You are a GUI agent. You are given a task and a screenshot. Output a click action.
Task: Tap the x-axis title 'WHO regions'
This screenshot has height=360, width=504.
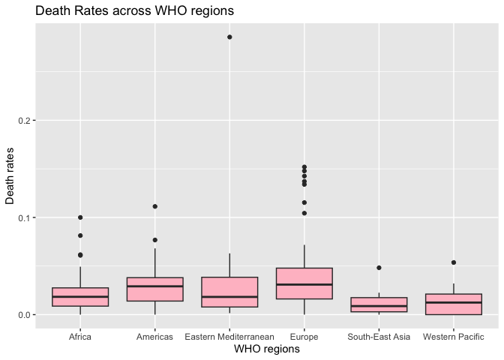pyautogui.click(x=266, y=349)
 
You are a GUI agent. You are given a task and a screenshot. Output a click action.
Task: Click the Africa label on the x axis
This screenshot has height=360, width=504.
pyautogui.click(x=80, y=337)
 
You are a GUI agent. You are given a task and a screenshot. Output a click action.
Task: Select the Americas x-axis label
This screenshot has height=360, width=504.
pyautogui.click(x=154, y=337)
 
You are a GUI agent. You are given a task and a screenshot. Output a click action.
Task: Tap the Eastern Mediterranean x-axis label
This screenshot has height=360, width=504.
pyautogui.click(x=229, y=337)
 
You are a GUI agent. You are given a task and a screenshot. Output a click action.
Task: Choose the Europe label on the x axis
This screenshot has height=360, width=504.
pyautogui.click(x=304, y=337)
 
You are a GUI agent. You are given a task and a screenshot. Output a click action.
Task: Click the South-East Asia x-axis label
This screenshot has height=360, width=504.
pyautogui.click(x=379, y=337)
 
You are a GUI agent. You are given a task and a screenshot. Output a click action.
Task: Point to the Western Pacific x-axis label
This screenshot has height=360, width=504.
pyautogui.click(x=454, y=337)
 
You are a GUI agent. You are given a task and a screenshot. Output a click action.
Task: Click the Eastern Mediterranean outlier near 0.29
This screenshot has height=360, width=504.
pyautogui.click(x=229, y=37)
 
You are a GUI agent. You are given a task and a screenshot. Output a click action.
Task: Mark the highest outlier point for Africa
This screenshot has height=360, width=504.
pyautogui.click(x=80, y=217)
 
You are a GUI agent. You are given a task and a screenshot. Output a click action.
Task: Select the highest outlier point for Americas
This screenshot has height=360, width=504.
pyautogui.click(x=154, y=206)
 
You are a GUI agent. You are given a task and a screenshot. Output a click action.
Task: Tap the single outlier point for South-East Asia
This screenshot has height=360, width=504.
pyautogui.click(x=379, y=268)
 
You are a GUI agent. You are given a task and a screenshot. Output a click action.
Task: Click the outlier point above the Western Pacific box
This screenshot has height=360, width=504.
pyautogui.click(x=454, y=262)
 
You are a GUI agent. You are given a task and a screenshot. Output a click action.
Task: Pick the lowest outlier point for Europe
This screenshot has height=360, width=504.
pyautogui.click(x=304, y=213)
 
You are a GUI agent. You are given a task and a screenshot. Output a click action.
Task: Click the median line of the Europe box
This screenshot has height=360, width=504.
pyautogui.click(x=304, y=285)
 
